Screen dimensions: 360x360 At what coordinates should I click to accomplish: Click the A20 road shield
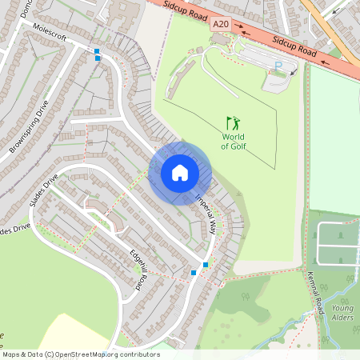[221, 26]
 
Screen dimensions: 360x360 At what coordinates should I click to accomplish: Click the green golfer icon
[233, 124]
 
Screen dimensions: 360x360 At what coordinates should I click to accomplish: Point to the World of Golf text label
[234, 141]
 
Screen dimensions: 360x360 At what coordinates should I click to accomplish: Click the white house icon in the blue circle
[180, 173]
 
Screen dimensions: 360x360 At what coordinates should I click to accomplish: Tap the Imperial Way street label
[205, 211]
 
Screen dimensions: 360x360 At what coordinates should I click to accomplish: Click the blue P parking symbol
[278, 66]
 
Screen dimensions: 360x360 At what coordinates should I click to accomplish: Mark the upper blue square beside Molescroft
[97, 51]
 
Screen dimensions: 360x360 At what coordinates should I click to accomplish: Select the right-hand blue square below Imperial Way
[206, 265]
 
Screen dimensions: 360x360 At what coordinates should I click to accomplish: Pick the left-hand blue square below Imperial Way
[194, 273]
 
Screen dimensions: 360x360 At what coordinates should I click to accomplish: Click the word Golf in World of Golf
[234, 146]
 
